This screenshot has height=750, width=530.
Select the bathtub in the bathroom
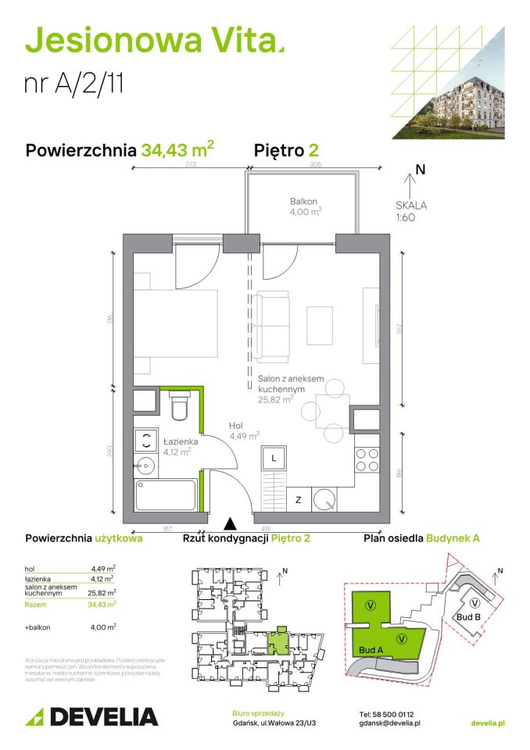[165, 495]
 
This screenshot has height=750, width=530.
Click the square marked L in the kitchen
[274, 458]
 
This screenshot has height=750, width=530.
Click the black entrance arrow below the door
[230, 524]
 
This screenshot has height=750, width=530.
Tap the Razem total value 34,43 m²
[102, 603]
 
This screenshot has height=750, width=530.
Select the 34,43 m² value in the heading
[177, 150]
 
